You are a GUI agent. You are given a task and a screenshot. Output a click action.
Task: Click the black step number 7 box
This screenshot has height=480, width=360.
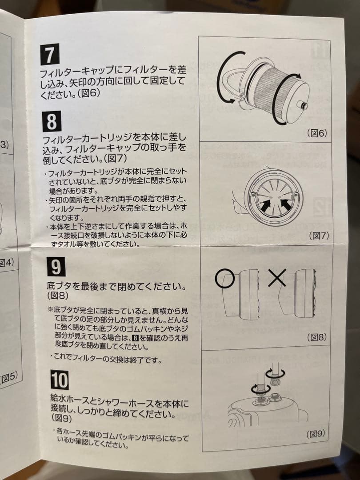[x=50, y=54]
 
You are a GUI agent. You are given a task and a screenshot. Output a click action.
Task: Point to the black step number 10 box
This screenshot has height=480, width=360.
[x=59, y=380]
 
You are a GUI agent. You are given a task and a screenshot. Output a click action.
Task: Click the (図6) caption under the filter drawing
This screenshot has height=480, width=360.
[x=316, y=133]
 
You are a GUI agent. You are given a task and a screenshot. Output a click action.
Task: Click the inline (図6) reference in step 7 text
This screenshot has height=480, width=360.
[x=90, y=93]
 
